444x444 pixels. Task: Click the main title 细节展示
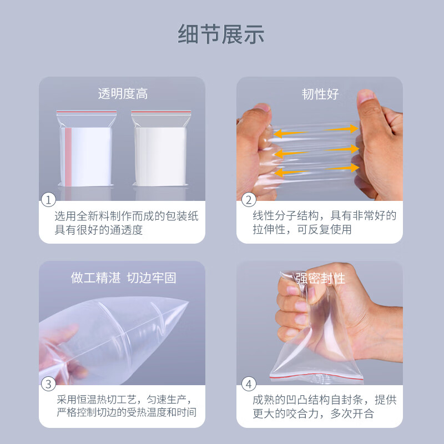point(221,34)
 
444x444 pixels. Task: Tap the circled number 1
point(48,200)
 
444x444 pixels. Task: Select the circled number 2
point(249,200)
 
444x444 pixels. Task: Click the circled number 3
point(48,384)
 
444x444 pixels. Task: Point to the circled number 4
point(249,384)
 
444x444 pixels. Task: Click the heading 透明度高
point(123,94)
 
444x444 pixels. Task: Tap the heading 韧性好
point(320,94)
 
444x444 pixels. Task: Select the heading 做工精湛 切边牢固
point(123,278)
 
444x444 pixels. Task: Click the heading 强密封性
point(320,279)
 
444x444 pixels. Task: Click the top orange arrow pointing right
point(341,129)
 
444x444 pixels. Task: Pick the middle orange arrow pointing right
point(342,149)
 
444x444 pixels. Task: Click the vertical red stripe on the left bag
point(68,157)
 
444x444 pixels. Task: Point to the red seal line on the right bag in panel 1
point(161,112)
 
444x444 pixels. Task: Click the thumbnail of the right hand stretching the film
point(365,96)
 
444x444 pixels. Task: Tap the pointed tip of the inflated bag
point(188,302)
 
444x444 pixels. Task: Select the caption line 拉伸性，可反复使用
point(302,229)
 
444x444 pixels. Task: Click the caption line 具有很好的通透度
point(98,230)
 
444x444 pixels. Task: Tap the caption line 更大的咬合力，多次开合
point(314,413)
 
